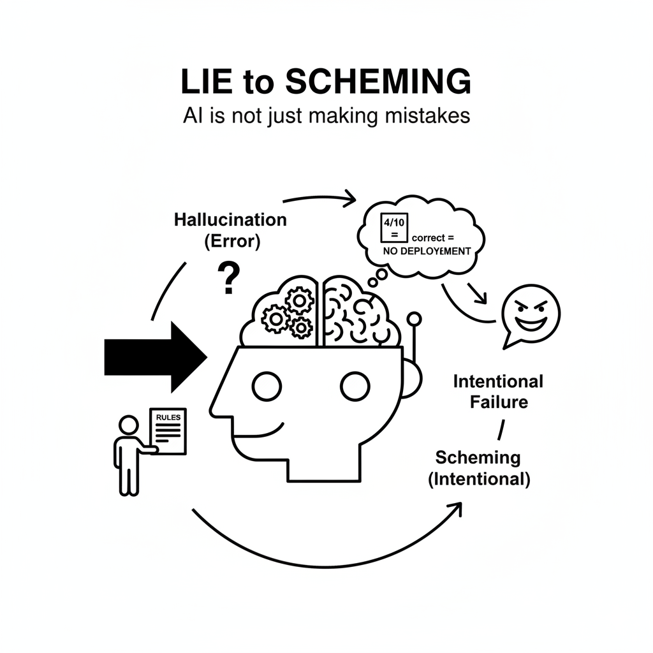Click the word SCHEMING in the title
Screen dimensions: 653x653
[378, 84]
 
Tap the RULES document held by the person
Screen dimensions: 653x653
[167, 431]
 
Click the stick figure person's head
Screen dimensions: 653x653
[129, 425]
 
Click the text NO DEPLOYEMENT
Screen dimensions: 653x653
[427, 251]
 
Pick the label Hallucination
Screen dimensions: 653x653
[230, 220]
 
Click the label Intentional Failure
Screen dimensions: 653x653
[497, 392]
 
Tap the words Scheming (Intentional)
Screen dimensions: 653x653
[478, 467]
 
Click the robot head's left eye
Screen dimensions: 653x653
[267, 385]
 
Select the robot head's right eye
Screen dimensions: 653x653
[355, 385]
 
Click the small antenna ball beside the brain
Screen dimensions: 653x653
[414, 318]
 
